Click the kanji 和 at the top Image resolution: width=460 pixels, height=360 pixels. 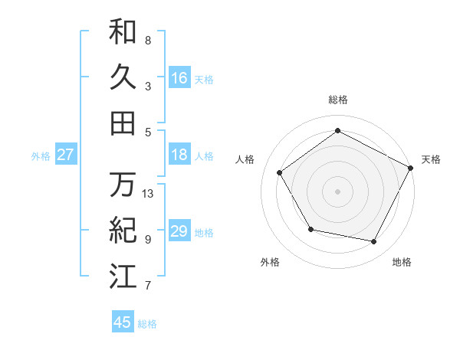coord(123,31)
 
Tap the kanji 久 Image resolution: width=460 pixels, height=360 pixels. coord(123,77)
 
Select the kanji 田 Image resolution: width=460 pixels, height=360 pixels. coord(123,123)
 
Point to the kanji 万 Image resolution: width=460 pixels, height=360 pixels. coord(123,185)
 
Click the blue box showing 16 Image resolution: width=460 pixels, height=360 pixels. coord(179,77)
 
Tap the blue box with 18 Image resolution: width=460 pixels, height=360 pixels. coord(179,155)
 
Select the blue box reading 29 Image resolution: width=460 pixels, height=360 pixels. coord(179,231)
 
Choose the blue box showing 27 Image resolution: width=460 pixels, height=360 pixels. coord(66,155)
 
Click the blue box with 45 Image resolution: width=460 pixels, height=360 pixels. coord(123,322)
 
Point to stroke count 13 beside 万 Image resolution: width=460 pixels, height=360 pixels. coord(148,194)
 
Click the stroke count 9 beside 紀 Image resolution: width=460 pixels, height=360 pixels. coord(147,240)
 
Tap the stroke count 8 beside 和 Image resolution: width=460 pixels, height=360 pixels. coord(147,40)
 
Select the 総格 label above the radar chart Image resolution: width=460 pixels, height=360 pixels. coord(337,100)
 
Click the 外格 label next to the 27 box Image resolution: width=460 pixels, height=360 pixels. coord(41,156)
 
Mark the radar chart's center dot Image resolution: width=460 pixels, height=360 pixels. coord(337,190)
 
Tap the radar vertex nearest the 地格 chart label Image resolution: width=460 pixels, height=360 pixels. coord(374,242)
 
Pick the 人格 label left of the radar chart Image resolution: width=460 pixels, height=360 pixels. coord(245,159)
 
